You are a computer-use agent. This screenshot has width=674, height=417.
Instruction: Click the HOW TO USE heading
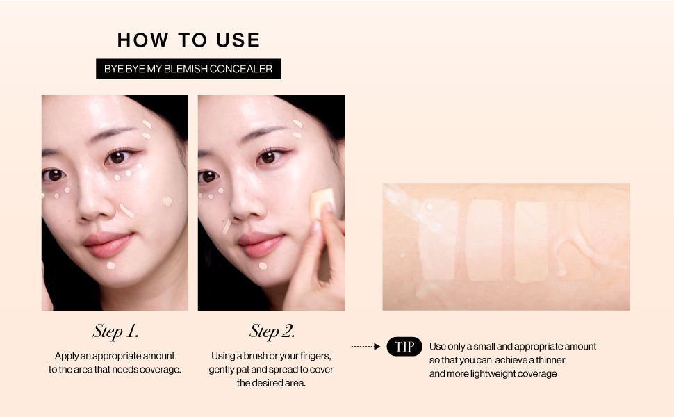pyautogui.click(x=188, y=40)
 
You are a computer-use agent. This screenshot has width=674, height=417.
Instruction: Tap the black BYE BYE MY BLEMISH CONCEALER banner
pyautogui.click(x=188, y=69)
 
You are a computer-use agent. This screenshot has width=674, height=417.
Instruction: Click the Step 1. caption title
pyautogui.click(x=115, y=331)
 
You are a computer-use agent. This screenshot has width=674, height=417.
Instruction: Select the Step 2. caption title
pyautogui.click(x=272, y=331)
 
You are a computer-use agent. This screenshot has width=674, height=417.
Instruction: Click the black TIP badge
pyautogui.click(x=404, y=347)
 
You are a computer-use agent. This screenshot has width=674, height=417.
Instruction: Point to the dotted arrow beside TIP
pyautogui.click(x=365, y=347)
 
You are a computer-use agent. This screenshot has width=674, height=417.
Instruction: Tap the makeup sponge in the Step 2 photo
pyautogui.click(x=322, y=203)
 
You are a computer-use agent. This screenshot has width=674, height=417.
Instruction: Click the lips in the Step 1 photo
pyautogui.click(x=109, y=243)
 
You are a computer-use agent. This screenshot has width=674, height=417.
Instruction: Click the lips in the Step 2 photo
pyautogui.click(x=261, y=243)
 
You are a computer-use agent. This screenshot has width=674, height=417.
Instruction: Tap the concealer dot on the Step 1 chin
pyautogui.click(x=111, y=265)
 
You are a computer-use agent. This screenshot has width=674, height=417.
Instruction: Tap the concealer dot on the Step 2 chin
pyautogui.click(x=263, y=265)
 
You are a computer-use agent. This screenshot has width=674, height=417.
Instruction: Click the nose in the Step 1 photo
pyautogui.click(x=94, y=202)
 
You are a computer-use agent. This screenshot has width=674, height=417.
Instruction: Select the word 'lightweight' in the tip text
pyautogui.click(x=493, y=374)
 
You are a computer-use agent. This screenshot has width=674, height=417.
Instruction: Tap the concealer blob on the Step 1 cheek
pyautogui.click(x=167, y=201)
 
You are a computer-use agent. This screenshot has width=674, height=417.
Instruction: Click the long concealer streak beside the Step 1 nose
pyautogui.click(x=126, y=211)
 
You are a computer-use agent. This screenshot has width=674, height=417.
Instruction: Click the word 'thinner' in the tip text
pyautogui.click(x=550, y=360)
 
